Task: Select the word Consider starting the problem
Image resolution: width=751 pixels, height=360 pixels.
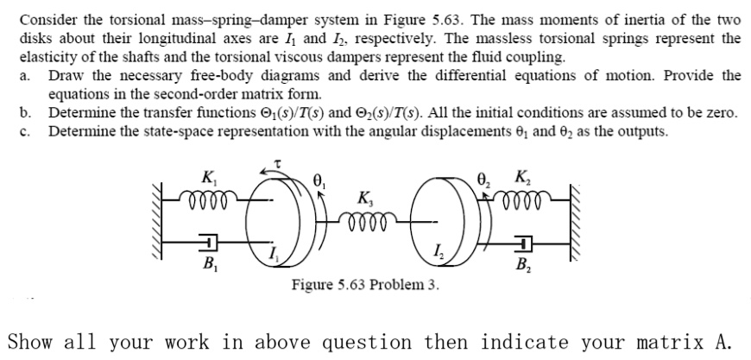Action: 47,19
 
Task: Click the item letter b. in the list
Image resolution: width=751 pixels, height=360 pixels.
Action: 26,112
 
